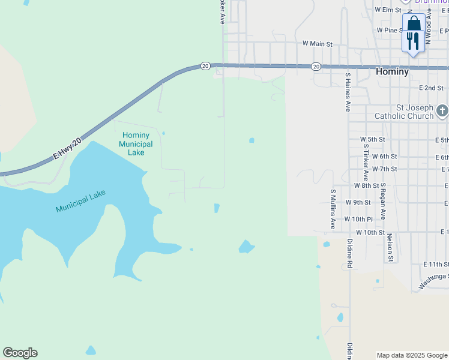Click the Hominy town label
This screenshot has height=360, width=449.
tap(392, 71)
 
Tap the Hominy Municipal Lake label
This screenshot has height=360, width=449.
tap(136, 144)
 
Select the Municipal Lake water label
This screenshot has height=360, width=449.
tap(80, 201)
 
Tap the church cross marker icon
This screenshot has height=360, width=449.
tap(442, 110)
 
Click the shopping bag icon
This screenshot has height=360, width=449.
tap(414, 24)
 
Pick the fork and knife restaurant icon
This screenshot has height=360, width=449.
tap(413, 41)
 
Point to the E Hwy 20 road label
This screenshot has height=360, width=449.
tap(67, 148)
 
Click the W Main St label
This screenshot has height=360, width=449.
tap(317, 44)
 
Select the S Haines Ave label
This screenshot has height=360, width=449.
tap(348, 93)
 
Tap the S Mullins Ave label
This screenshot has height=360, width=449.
tap(333, 209)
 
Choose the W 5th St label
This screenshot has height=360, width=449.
tap(372, 139)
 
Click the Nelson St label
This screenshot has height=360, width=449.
tap(390, 247)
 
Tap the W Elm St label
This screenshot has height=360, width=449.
tap(387, 10)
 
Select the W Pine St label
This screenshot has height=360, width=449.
tap(389, 30)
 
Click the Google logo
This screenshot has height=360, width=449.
tap(20, 353)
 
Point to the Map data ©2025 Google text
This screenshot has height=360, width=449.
tap(412, 355)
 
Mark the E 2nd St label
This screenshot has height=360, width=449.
tap(431, 88)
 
